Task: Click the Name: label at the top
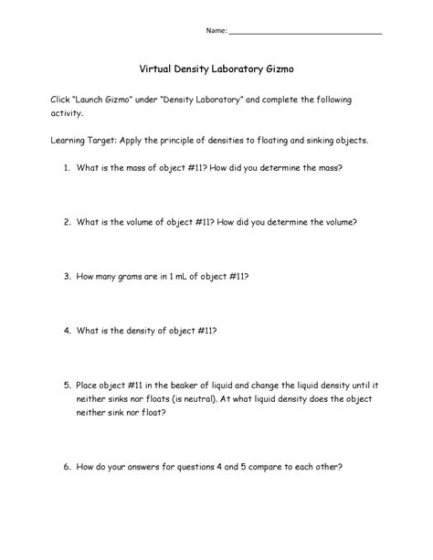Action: pos(216,31)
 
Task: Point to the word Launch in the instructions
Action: pos(96,98)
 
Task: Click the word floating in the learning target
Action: pos(283,142)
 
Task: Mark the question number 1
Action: pos(67,169)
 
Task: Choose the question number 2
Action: pos(67,222)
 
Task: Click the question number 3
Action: pos(67,275)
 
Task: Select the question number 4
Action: pos(67,328)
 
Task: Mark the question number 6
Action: pos(67,466)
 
